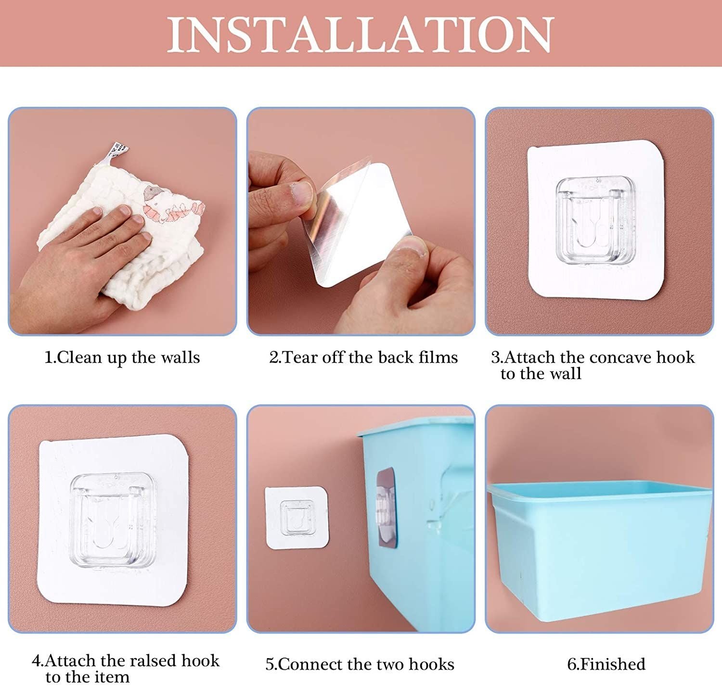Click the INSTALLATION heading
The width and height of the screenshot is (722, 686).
click(x=361, y=35)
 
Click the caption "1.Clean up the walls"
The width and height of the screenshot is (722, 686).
click(x=122, y=357)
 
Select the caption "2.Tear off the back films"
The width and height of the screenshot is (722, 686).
click(x=363, y=357)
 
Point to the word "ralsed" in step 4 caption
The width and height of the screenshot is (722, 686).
click(x=150, y=661)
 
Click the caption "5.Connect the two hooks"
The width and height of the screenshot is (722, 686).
click(x=360, y=664)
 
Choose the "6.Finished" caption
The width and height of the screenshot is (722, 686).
click(x=606, y=664)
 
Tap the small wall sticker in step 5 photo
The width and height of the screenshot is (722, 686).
click(x=297, y=518)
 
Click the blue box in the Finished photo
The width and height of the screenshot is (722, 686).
click(x=599, y=548)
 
